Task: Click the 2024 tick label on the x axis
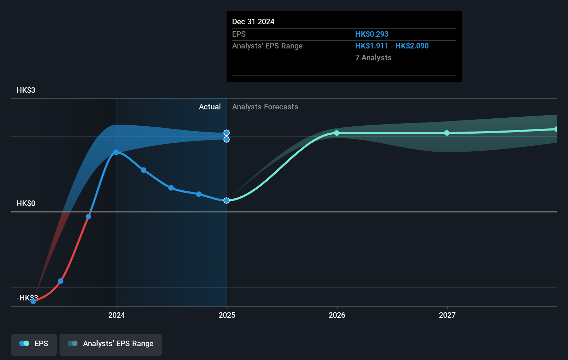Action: (117, 315)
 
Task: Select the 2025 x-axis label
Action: (227, 315)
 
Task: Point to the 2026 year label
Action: (337, 315)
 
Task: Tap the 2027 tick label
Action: (447, 315)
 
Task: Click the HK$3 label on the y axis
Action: (26, 90)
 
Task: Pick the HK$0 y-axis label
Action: (26, 204)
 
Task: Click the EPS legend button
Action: (34, 344)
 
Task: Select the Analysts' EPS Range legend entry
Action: (111, 344)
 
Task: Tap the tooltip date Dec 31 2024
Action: (253, 22)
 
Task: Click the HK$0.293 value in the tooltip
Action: (372, 34)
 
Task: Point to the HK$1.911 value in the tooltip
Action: (372, 46)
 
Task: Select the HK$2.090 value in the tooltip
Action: (412, 46)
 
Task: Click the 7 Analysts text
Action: (373, 58)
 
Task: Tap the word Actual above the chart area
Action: (210, 107)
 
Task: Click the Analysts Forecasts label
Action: (265, 107)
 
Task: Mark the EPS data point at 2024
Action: (116, 152)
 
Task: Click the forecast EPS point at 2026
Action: (337, 133)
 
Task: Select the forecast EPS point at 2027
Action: (447, 133)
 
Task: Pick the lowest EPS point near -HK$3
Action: (33, 301)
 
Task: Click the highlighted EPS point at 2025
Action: (227, 200)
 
